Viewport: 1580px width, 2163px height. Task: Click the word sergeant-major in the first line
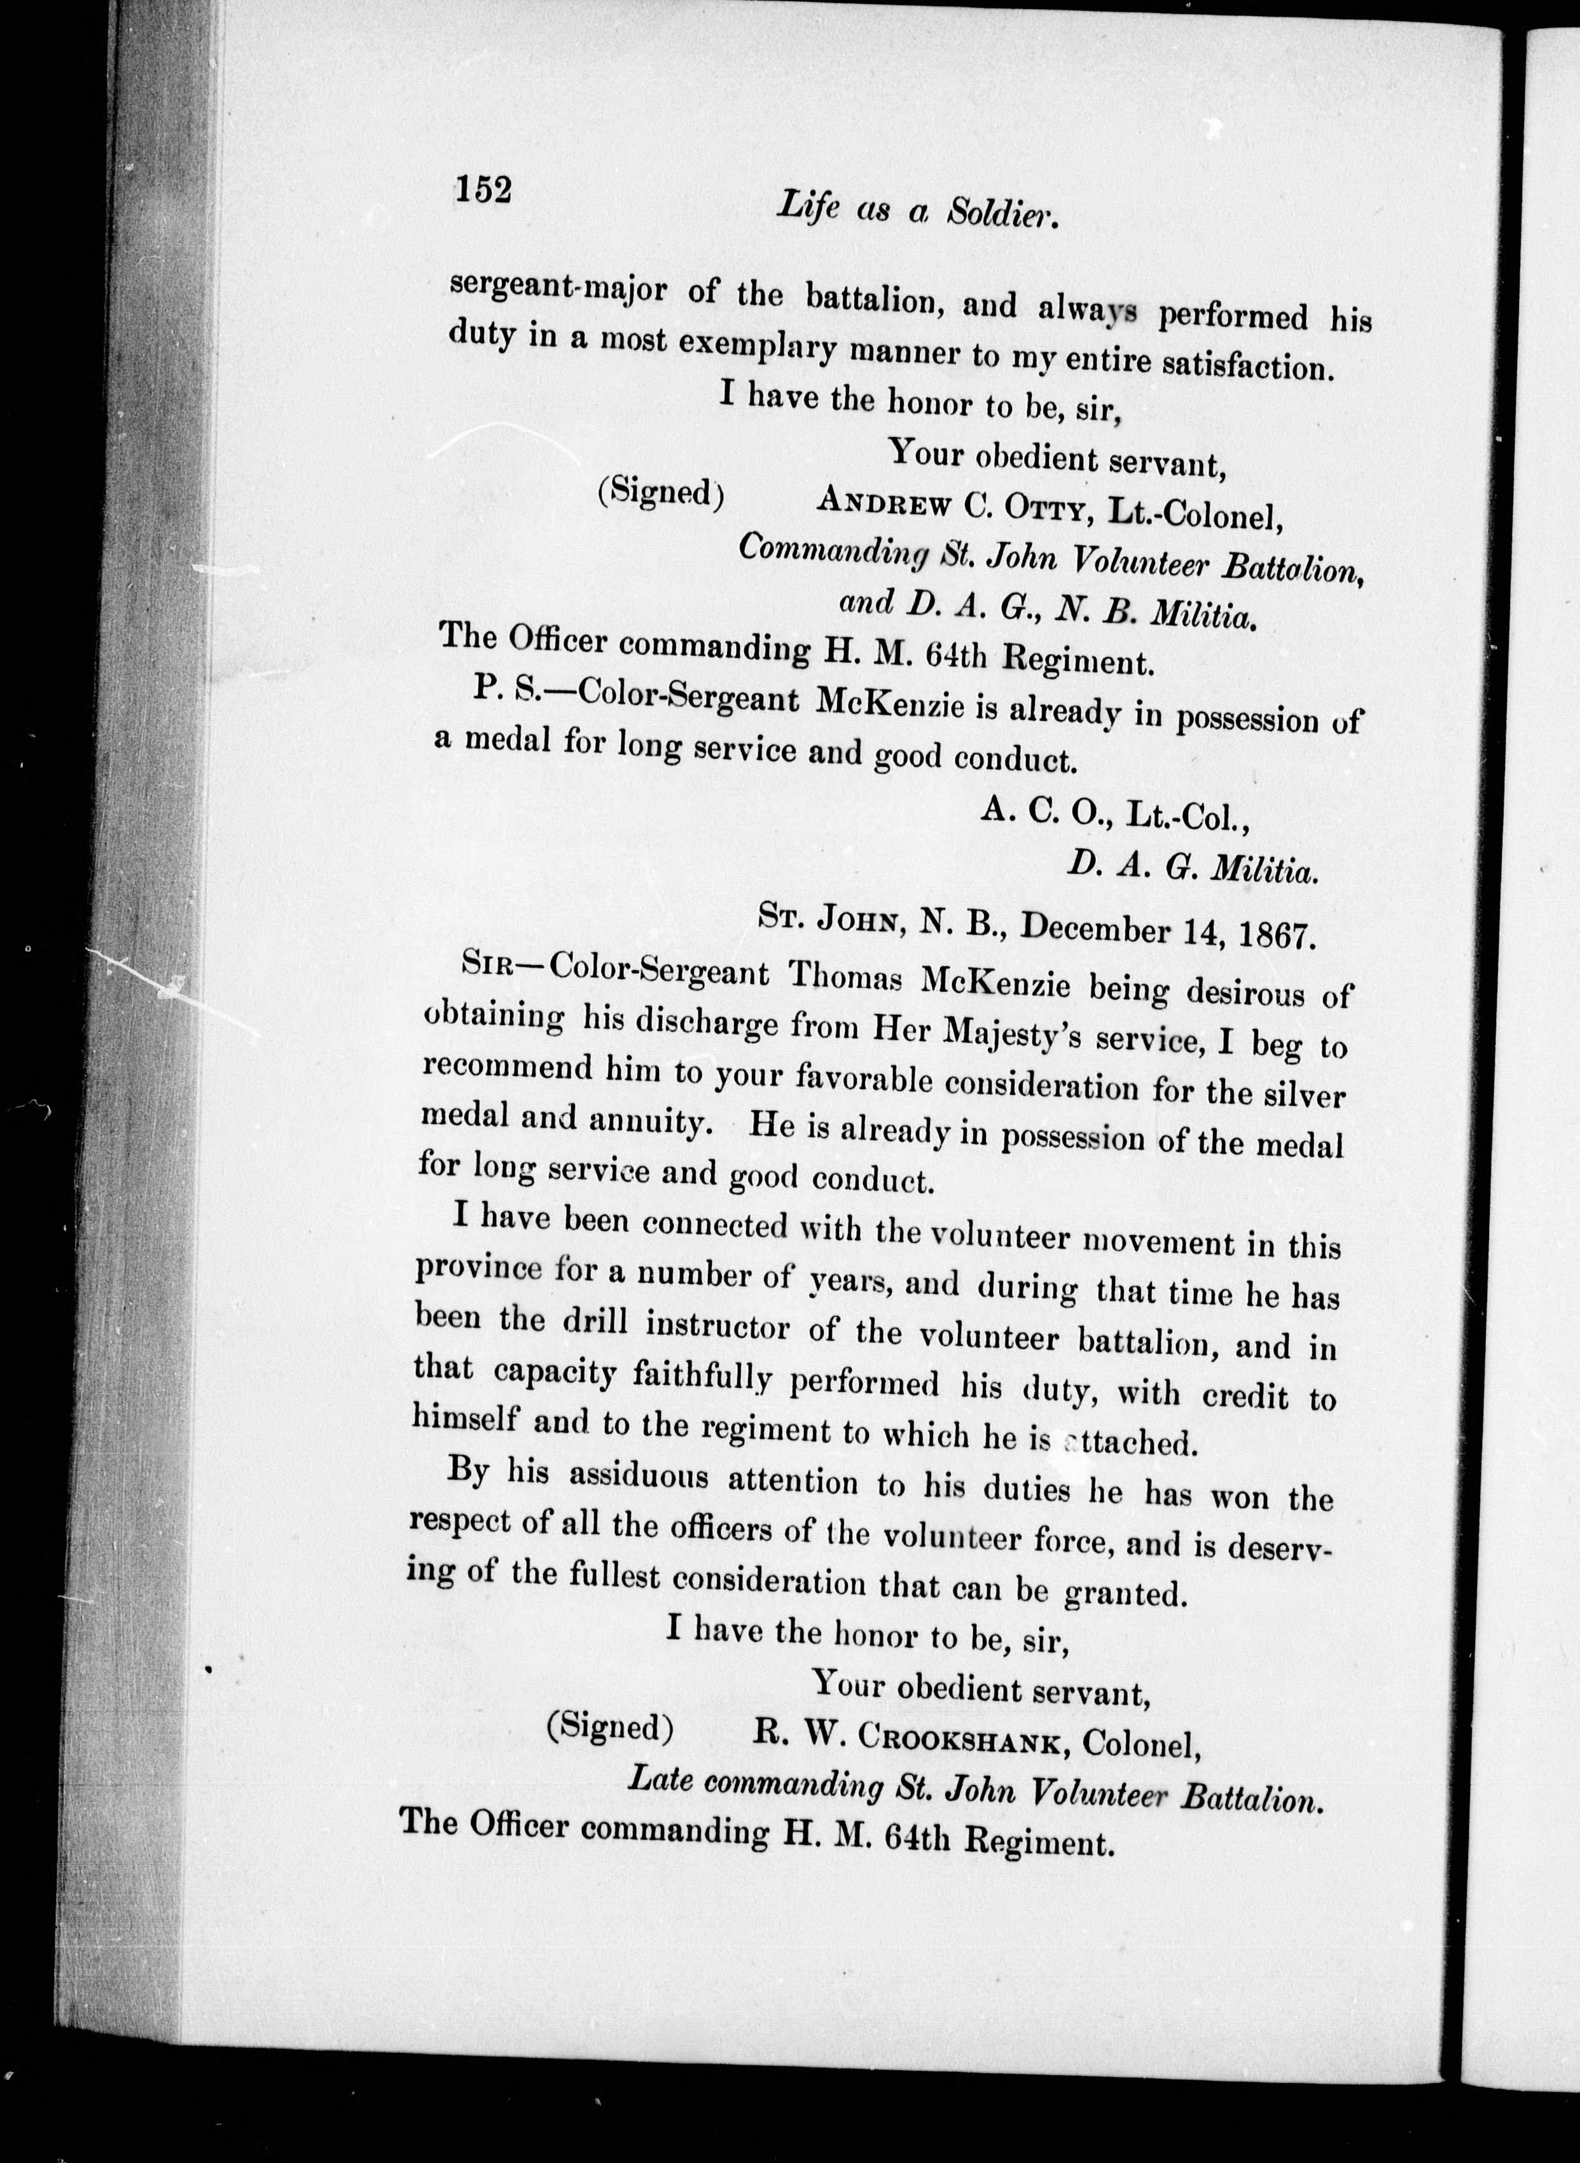pos(558,289)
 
